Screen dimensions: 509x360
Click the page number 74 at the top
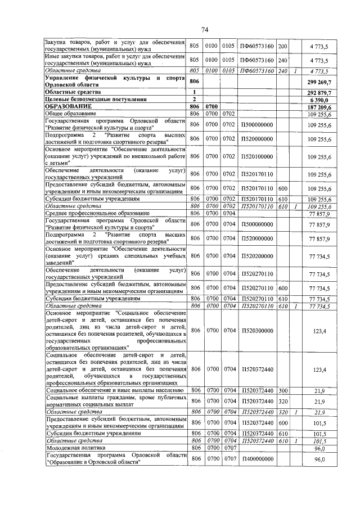(205, 30)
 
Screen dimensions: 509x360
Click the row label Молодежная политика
(76, 448)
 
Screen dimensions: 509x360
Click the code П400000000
(256, 460)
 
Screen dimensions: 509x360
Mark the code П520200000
(256, 256)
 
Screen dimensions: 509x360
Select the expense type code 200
(283, 46)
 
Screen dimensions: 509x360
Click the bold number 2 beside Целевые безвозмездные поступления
(194, 99)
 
